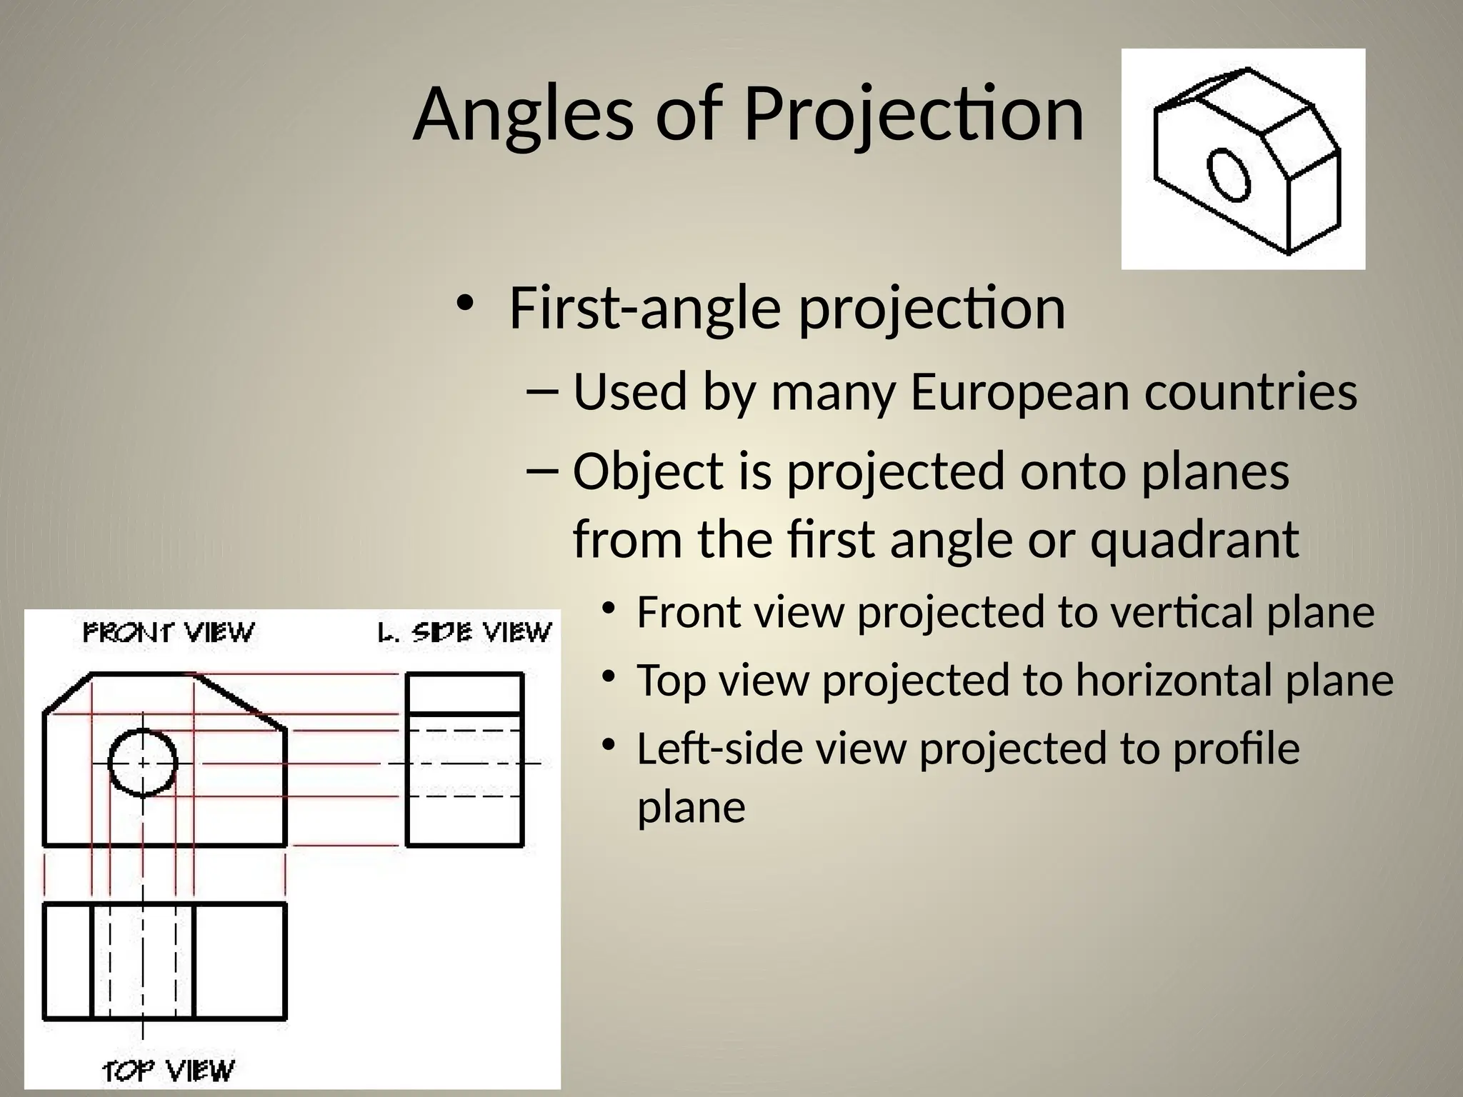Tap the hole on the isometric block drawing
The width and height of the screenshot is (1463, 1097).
point(1229,174)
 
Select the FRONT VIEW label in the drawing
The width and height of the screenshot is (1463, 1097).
point(169,633)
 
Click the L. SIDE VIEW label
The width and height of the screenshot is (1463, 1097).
point(464,633)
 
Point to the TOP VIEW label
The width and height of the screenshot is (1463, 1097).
point(169,1071)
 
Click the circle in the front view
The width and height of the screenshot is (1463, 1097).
point(143,762)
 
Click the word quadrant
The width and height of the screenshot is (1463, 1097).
point(1194,539)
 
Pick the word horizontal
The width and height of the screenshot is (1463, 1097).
point(1174,680)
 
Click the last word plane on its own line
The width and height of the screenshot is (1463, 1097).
point(691,808)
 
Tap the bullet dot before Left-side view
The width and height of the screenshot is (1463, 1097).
point(608,745)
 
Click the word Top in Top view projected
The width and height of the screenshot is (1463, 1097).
point(671,680)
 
